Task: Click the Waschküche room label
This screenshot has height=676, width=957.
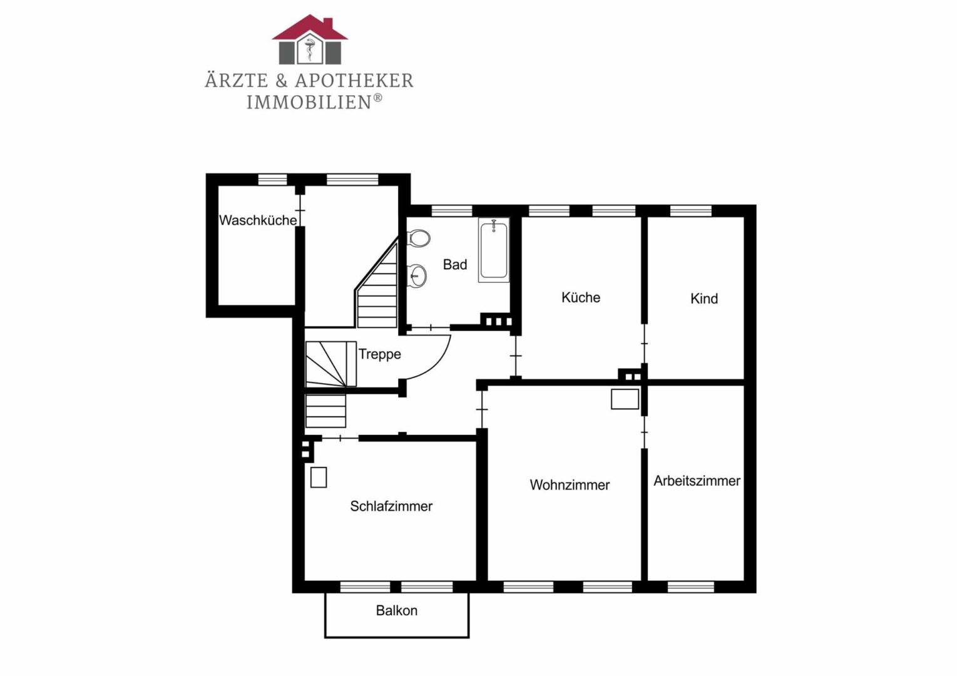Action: coord(258,220)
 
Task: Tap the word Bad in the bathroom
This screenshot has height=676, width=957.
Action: coord(455,265)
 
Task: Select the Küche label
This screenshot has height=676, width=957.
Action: coord(581,297)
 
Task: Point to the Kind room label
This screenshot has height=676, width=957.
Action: coord(704,299)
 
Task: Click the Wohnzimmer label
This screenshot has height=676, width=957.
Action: coord(570,485)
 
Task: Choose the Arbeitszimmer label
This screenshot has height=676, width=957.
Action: coord(697,481)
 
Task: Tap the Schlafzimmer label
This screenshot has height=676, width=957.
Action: coord(391,506)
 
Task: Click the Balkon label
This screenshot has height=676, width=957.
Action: coord(396,611)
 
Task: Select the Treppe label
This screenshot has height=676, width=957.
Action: coord(380,354)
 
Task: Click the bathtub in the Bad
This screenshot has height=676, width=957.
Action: coord(494,250)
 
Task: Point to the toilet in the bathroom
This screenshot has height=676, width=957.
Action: coord(418,238)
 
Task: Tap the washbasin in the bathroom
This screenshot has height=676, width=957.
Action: coord(417,275)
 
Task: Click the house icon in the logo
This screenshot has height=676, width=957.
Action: coord(310,39)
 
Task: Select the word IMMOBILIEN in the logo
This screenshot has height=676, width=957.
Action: coord(309,103)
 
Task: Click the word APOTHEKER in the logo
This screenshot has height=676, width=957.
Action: coord(354,81)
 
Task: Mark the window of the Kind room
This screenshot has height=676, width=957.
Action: coord(691,211)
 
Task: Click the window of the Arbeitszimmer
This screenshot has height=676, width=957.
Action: coord(691,587)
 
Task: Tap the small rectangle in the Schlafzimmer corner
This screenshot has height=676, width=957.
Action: coord(319,478)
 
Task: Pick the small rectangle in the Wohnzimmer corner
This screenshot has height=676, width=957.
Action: coord(625,399)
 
